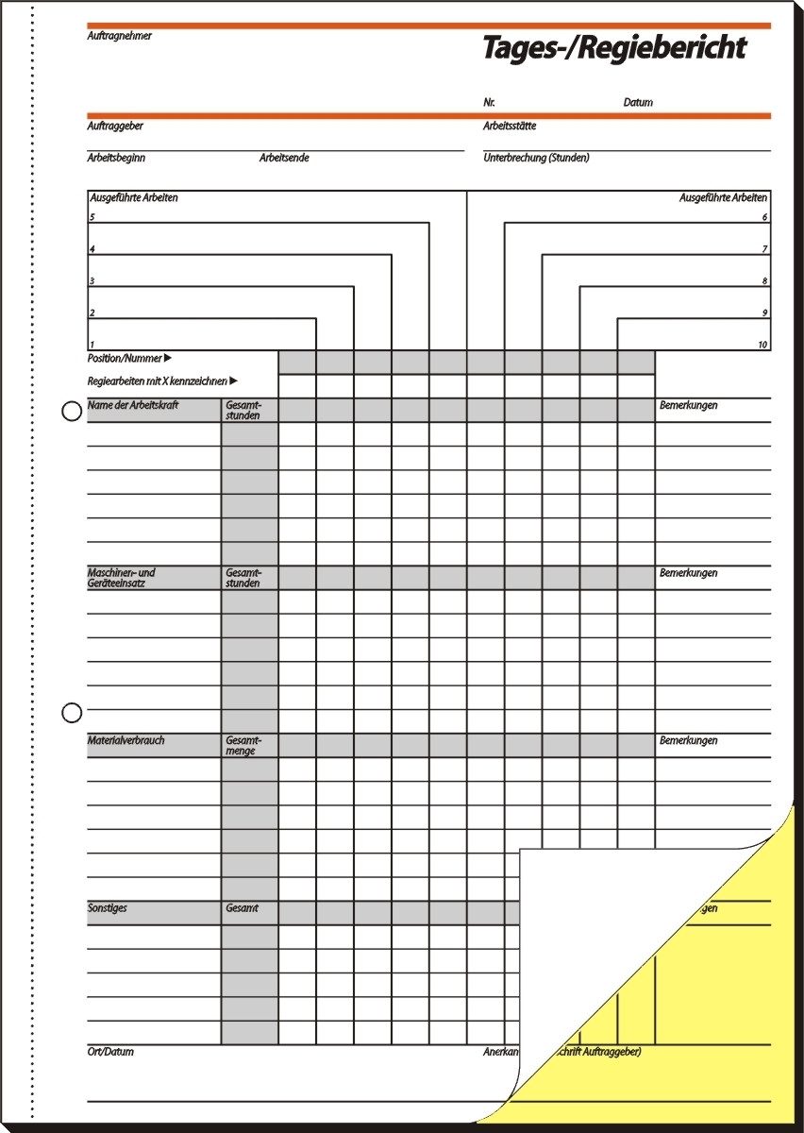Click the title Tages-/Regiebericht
(x=614, y=48)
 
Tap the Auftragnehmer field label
(x=119, y=36)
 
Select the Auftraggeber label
(x=115, y=126)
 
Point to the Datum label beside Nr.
(x=638, y=102)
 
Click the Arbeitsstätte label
(x=510, y=126)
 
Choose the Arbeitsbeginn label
(x=116, y=158)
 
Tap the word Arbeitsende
(x=284, y=158)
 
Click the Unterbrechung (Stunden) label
(x=536, y=158)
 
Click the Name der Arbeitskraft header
(x=133, y=405)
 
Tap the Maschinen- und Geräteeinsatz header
(x=122, y=578)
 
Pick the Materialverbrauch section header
(x=126, y=741)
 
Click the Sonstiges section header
(x=107, y=908)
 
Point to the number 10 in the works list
(x=762, y=345)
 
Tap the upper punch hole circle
(x=72, y=413)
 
